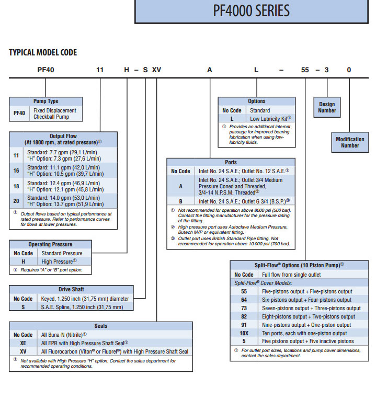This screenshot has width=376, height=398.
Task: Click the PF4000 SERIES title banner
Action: tap(255, 11)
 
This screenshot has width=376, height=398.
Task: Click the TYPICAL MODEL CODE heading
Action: tap(43, 52)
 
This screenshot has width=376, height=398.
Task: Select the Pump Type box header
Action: tap(45, 101)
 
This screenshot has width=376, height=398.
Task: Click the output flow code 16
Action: tap(16, 170)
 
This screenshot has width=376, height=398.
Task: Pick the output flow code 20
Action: tap(16, 200)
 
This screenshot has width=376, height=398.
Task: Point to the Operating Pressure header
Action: tap(50, 244)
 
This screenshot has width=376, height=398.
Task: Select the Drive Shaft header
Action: tap(71, 289)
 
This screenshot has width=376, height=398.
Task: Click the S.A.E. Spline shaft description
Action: tap(82, 307)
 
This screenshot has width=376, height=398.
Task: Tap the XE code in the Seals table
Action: tap(22, 343)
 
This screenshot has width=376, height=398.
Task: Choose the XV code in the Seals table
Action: tap(22, 352)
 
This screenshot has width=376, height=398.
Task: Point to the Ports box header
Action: tap(231, 162)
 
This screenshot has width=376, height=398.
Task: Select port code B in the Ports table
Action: tap(180, 201)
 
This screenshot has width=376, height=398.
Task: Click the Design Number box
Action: tap(327, 107)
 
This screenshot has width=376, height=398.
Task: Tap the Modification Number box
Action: tap(350, 142)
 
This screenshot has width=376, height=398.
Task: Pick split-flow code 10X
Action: tap(244, 333)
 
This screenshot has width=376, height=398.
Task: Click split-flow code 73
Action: tap(244, 308)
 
